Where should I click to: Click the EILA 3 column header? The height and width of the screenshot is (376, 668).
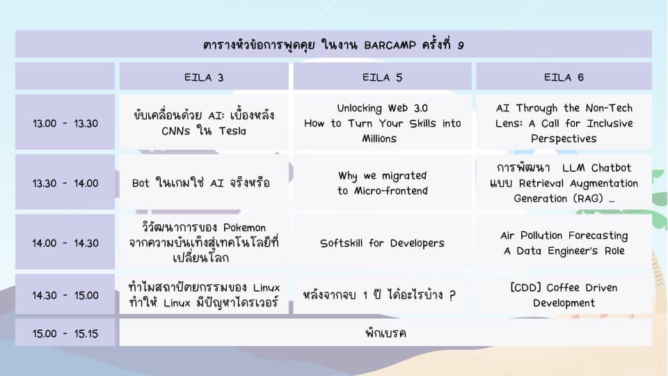click(204, 77)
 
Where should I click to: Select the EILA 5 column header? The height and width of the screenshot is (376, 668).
click(382, 77)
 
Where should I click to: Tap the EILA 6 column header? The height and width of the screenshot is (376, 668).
click(564, 77)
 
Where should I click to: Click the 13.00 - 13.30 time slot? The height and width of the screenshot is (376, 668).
click(65, 123)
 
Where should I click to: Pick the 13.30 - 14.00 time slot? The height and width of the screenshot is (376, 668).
click(65, 183)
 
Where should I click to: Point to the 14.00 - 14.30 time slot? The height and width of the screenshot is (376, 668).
click(65, 242)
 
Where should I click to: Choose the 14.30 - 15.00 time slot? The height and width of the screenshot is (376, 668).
click(65, 295)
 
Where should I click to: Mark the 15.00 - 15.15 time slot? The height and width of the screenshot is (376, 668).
click(65, 333)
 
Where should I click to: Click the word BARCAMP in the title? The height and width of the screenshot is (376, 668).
click(390, 45)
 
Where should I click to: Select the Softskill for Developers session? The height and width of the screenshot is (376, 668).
click(382, 242)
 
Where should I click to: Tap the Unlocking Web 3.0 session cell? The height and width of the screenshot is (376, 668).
click(382, 123)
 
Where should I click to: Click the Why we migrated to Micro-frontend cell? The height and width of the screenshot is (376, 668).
click(382, 183)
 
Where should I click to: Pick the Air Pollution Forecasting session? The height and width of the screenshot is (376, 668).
click(564, 242)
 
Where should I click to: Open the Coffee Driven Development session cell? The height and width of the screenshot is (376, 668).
click(564, 295)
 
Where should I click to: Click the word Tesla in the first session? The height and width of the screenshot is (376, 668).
click(232, 131)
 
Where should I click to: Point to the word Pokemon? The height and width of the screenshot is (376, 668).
click(244, 227)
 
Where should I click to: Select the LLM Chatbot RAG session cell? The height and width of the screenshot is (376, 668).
click(564, 183)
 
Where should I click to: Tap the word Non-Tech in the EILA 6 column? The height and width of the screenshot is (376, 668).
click(609, 108)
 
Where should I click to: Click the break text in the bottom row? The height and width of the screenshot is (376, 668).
click(385, 333)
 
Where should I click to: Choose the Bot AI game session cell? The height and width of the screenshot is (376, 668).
click(204, 183)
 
